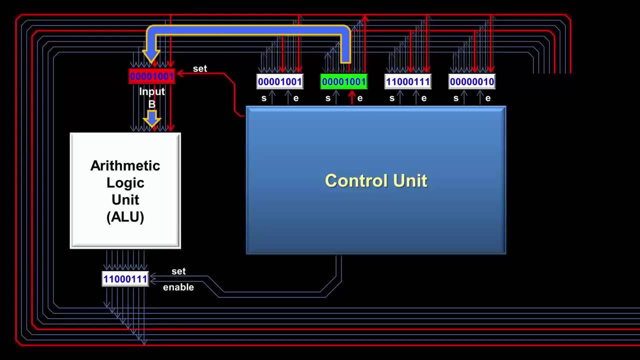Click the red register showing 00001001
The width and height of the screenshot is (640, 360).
point(151,76)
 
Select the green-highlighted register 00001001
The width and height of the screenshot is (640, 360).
point(343,81)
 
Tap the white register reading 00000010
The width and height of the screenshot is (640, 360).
point(471,81)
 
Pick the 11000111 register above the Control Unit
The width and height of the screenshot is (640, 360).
point(407,81)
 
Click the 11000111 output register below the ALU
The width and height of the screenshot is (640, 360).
point(125,279)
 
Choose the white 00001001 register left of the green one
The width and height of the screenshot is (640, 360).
point(279,81)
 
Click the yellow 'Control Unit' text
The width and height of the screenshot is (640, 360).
point(376,180)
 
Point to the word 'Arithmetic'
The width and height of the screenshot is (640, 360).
point(125,165)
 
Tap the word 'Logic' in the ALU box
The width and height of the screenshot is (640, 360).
point(125,183)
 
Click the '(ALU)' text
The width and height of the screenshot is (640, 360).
point(125,217)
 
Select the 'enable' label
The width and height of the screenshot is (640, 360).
point(178,287)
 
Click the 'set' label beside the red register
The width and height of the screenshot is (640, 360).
point(199,68)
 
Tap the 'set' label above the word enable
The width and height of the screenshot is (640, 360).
point(178,271)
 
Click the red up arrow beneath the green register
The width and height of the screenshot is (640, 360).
point(351,97)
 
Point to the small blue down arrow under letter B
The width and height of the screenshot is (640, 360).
point(151,118)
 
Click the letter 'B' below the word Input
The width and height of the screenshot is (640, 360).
point(151,104)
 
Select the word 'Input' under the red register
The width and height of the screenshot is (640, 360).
point(151,91)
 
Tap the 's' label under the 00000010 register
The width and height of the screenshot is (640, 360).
point(455,98)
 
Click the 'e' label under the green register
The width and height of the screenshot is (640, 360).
point(360,98)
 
